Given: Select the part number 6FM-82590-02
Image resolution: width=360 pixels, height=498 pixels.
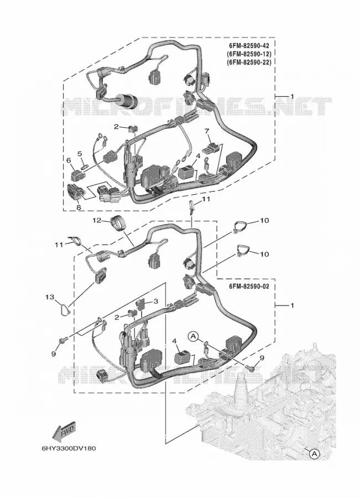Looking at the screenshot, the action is coord(249,287).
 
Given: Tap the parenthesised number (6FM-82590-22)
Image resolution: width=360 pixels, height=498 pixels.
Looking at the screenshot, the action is coord(249,63).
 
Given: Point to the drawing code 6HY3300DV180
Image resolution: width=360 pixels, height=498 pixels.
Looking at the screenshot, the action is coord(69,449).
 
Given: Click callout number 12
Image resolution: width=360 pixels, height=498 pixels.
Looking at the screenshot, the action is coord(97,220).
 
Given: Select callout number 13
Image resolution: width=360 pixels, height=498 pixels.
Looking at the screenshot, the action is coord(50,297).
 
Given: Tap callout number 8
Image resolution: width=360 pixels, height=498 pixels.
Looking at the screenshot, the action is coord(79,207).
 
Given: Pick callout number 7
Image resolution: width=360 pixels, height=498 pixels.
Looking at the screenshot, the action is coord(207,131).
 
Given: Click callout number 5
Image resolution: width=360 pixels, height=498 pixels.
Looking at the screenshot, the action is coord(80,154).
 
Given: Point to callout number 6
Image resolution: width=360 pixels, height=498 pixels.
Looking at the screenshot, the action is coord(68,161).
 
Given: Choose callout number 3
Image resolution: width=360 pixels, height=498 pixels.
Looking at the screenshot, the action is coord(155,301).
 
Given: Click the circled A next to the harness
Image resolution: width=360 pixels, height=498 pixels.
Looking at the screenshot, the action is coord(194,335).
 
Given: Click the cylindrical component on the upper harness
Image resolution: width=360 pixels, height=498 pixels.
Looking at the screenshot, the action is coord(127,101).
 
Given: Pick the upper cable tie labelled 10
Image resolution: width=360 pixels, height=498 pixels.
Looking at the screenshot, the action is coord(241,227).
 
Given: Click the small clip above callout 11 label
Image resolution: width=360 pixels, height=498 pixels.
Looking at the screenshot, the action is coord(191,206).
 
